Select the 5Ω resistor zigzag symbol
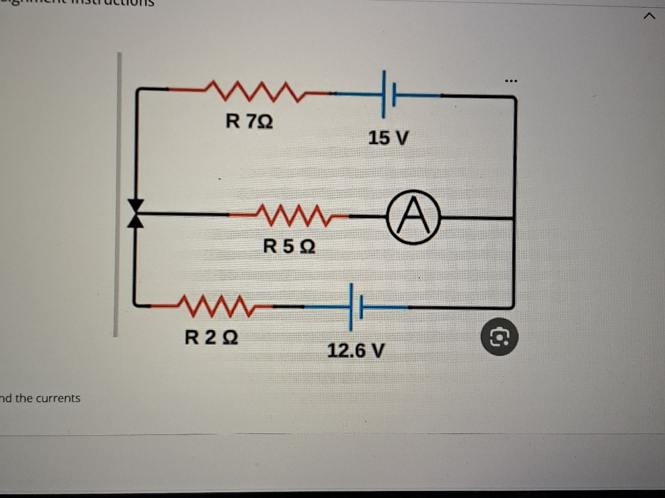294,215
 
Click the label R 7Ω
249,121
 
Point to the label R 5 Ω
289,247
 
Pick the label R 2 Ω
211,337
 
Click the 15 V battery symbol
388,94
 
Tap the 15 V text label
388,138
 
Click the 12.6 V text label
356,350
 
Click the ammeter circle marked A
413,217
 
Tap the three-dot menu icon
511,81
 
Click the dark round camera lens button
499,338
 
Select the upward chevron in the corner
649,17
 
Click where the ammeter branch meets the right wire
514,218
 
